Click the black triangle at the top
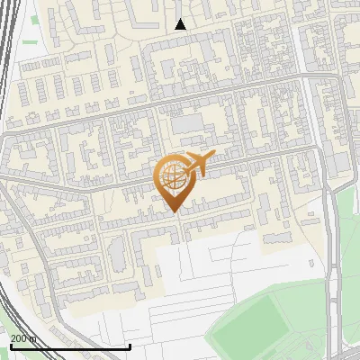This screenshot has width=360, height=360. coord(180,24)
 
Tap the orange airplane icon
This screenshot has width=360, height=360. coord(196,165)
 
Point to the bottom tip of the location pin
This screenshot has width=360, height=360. coord(174,212)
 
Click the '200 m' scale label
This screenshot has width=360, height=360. coord(23,337)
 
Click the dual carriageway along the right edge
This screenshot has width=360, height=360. coord(335,270)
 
